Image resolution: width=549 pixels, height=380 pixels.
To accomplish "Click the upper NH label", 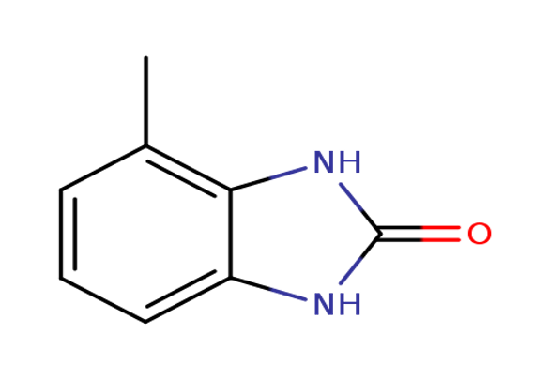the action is [x=337, y=162].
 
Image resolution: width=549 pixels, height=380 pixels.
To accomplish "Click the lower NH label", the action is [x=337, y=304].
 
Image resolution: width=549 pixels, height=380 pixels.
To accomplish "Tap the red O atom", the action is [x=480, y=234].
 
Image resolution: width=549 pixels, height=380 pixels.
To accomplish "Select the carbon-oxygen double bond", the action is [x=419, y=234].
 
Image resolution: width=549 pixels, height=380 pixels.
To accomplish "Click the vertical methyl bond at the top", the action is [x=146, y=101].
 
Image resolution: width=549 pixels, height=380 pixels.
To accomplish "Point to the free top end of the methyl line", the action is [x=146, y=57].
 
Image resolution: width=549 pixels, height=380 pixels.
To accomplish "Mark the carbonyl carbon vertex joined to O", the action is [x=380, y=234].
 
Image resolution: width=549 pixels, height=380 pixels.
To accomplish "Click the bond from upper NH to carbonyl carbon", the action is [x=360, y=208].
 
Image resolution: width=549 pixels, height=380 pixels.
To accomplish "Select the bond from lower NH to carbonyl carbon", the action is [x=360, y=259].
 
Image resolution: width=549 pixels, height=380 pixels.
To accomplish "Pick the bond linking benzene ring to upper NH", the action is [x=268, y=179].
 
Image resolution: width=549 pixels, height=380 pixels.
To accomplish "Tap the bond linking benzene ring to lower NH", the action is [x=268, y=289].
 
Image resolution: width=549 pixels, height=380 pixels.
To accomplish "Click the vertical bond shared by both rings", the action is [x=231, y=234].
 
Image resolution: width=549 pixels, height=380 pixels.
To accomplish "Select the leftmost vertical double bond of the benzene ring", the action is [x=68, y=234].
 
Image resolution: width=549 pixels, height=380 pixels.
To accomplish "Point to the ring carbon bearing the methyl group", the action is [x=146, y=146].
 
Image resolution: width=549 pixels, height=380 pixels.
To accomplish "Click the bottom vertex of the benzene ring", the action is [x=145, y=322].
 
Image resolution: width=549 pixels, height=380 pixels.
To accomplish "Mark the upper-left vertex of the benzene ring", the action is [x=61, y=190].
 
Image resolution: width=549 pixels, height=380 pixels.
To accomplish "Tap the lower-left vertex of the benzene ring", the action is [x=61, y=278].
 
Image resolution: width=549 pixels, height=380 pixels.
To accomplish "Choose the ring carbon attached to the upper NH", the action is [x=231, y=190].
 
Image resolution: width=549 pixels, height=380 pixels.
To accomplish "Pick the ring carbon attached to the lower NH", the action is [x=231, y=278].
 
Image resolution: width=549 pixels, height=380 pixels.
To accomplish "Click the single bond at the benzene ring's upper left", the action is [x=103, y=168].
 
